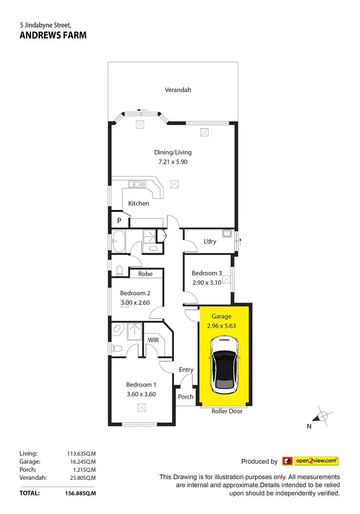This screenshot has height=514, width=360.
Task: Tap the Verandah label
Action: coord(178,89)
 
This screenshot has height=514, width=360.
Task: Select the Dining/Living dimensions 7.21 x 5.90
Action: coord(173,162)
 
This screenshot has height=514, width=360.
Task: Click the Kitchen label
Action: coord(138,203)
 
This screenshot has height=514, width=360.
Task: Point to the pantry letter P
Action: coord(119,221)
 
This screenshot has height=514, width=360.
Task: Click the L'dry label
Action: coord(210,241)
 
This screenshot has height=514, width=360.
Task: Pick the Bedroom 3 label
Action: coord(207,273)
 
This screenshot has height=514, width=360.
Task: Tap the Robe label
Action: coord(145,274)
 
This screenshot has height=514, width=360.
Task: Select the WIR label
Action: coord(153,340)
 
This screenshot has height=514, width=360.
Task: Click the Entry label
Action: coord(186,370)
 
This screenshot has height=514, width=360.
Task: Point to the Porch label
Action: coord(185,396)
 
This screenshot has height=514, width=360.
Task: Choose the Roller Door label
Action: coord(227,411)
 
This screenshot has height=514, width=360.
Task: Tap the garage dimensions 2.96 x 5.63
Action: coord(222,326)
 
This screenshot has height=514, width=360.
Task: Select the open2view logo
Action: coord(311,461)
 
